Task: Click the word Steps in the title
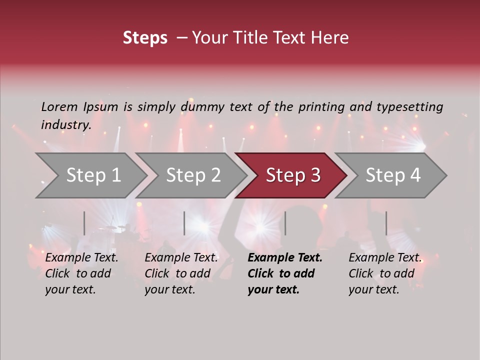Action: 145,38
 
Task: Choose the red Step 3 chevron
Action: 291,175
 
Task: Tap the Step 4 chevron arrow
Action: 391,175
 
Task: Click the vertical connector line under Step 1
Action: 84,223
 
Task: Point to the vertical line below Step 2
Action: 184,223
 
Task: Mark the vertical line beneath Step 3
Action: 285,223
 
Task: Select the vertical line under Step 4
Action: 386,223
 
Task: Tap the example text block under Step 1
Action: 81,273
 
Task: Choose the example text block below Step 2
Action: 181,273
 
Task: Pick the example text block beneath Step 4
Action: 384,273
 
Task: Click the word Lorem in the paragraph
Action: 59,106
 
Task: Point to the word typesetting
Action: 409,106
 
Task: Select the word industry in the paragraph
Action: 65,124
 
